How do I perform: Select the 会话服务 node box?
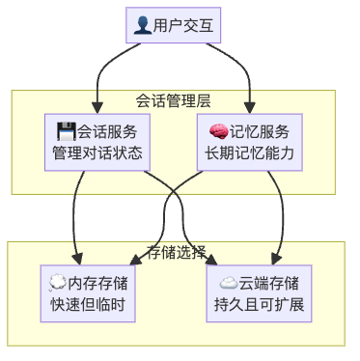click(97, 142)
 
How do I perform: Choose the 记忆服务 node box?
click(249, 142)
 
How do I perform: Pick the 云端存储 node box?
click(258, 293)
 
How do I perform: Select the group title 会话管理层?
click(173, 100)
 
